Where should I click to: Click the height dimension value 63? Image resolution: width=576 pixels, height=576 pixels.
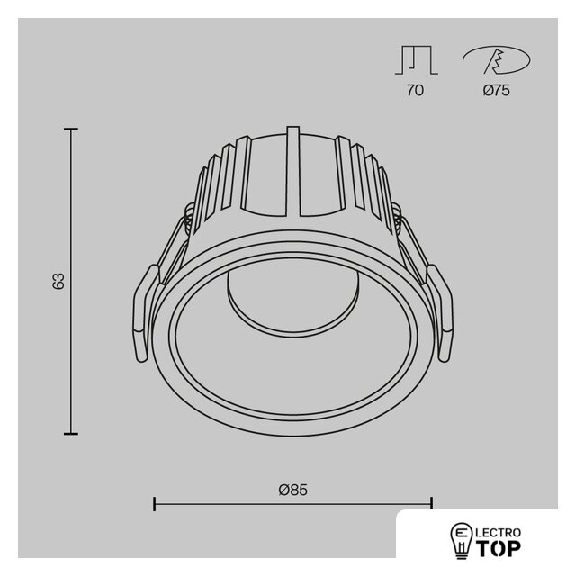tap(58, 282)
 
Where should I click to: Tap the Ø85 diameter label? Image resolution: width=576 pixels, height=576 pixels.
tap(292, 490)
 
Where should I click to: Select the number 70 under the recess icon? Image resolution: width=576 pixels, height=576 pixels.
tap(415, 90)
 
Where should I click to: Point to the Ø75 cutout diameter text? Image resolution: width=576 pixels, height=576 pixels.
tap(496, 90)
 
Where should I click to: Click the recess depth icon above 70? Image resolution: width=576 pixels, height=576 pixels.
tap(417, 60)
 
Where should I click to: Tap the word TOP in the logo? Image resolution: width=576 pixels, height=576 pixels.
tap(499, 548)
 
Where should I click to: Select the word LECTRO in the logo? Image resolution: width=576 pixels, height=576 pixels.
tap(499, 532)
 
